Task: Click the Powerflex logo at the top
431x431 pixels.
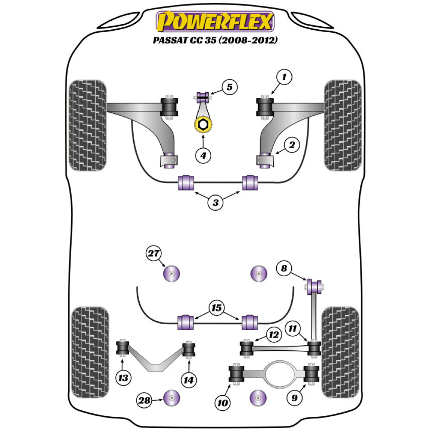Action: [x=215, y=22]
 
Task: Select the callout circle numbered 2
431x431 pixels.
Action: [x=292, y=146]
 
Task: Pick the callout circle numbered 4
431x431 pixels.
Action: [x=203, y=156]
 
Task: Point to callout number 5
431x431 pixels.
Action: [x=229, y=87]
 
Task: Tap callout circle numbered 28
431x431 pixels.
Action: [x=145, y=400]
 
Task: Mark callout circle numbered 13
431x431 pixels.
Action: [x=123, y=378]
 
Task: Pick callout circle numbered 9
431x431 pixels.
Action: [x=294, y=398]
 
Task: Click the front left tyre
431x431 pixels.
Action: [x=87, y=125]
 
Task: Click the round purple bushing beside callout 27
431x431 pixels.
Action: [x=172, y=274]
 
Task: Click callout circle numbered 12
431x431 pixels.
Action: [x=274, y=334]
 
